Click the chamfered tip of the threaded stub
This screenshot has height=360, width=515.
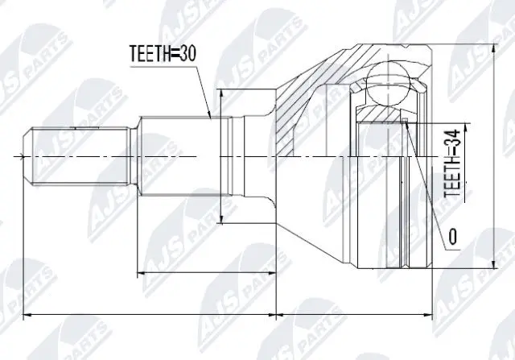27,155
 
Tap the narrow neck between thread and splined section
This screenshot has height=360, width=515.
132,155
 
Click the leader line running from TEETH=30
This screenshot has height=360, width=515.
206,89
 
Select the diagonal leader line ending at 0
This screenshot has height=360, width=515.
426,177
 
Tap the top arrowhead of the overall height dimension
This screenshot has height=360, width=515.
492,48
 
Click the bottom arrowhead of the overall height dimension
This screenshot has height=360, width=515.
492,267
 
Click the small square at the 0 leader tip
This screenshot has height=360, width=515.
407,122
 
